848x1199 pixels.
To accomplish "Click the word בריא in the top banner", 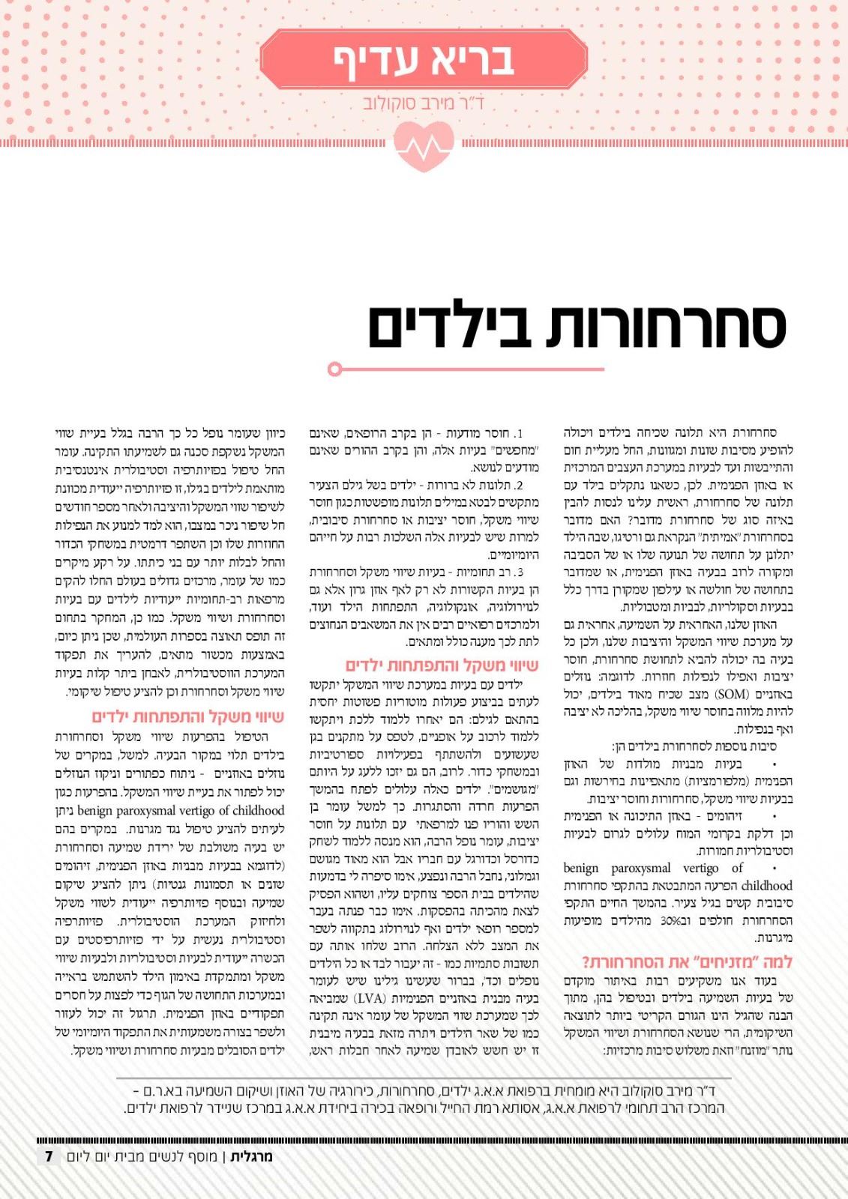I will [x=469, y=59].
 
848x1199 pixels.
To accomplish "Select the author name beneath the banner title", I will [x=424, y=102].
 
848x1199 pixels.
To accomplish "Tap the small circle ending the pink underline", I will [x=334, y=369].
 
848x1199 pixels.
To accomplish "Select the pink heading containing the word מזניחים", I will [x=687, y=962].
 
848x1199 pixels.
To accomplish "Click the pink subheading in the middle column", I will [x=442, y=665].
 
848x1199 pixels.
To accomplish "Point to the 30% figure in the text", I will [x=671, y=920].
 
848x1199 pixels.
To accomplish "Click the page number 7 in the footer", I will [x=49, y=1156].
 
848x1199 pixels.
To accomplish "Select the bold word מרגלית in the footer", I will [x=251, y=1156].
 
